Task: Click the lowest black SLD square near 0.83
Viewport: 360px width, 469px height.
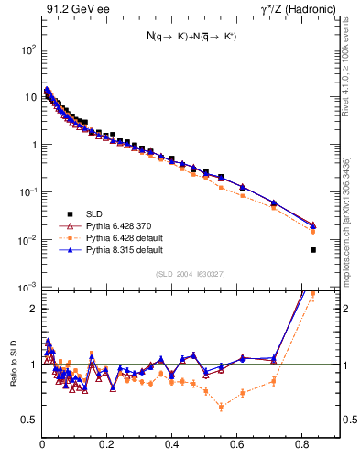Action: point(313,249)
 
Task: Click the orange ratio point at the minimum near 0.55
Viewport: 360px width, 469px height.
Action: point(221,407)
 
